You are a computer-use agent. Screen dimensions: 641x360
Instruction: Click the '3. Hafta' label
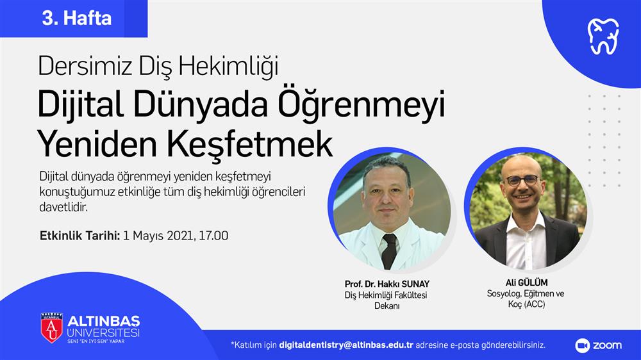point(77,19)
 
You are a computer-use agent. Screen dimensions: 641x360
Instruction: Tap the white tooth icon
point(603,37)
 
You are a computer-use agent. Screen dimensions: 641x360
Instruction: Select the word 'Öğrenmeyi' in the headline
point(361,105)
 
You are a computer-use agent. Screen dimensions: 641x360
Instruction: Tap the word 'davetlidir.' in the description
point(63,207)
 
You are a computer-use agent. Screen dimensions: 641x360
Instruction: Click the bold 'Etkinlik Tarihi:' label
point(79,236)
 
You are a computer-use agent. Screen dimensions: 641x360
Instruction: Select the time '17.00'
point(213,236)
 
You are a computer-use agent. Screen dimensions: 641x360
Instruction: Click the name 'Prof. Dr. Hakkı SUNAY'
point(387,284)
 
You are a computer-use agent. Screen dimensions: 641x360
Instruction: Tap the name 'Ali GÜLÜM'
point(526,282)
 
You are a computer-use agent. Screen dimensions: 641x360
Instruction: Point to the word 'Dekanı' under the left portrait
point(387,306)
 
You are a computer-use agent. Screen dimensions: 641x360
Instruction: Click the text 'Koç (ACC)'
point(526,304)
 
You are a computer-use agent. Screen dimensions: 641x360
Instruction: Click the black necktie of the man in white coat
point(389,250)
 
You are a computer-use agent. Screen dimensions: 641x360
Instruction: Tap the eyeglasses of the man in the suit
point(522,180)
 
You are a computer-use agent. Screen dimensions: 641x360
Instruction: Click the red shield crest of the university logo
point(51,327)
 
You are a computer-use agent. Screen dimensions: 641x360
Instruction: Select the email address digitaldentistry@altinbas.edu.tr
point(346,345)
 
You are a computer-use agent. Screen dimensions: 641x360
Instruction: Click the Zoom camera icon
point(582,346)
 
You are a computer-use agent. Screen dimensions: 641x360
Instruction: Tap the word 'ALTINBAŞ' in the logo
point(104,321)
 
